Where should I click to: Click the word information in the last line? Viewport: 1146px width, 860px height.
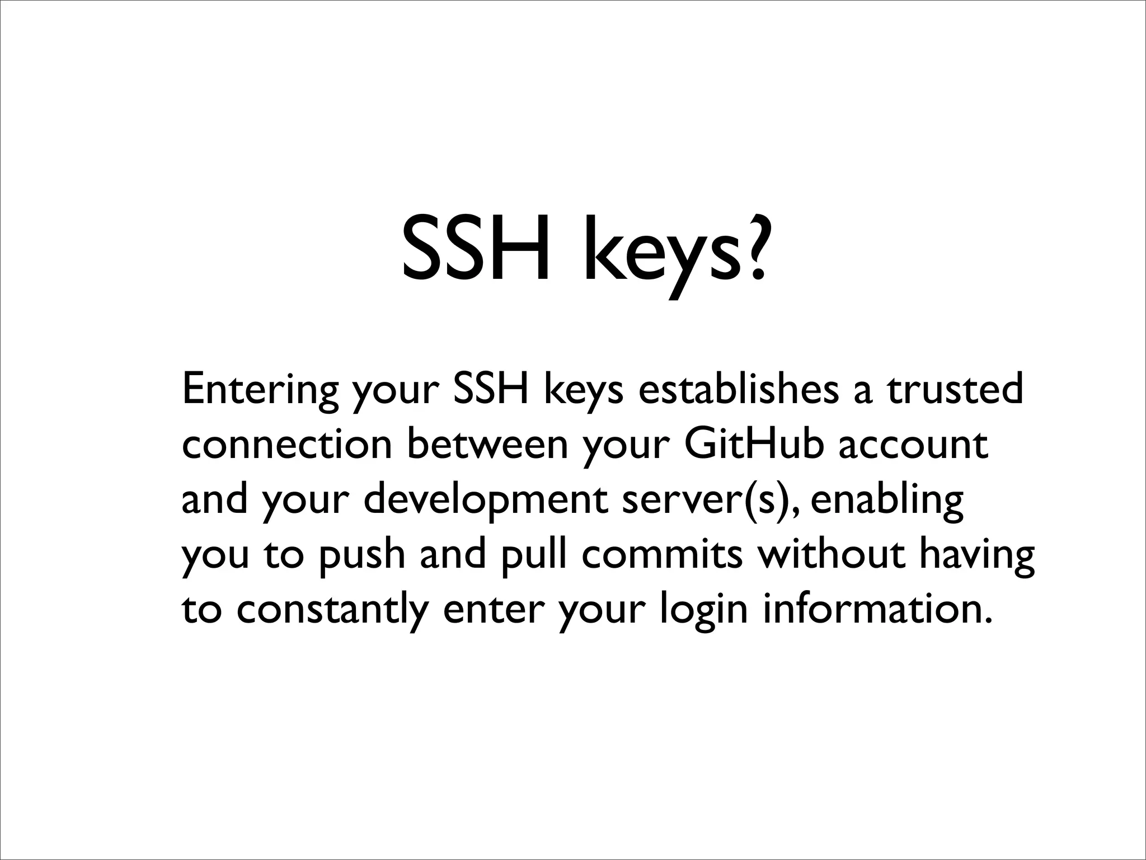(x=873, y=609)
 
